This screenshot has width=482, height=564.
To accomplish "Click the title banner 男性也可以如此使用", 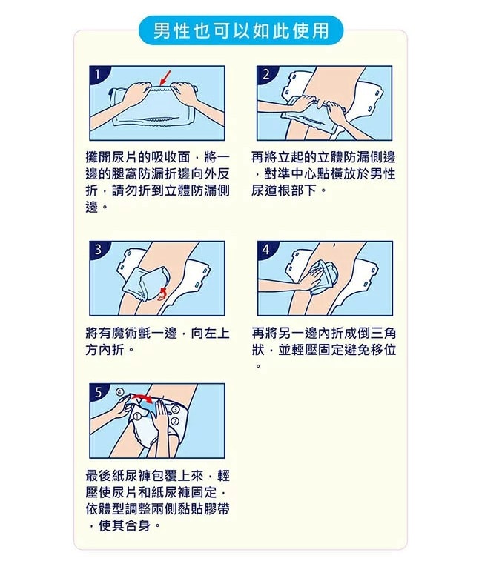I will click(x=240, y=31).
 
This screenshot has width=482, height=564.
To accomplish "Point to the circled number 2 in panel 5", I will click(x=175, y=421).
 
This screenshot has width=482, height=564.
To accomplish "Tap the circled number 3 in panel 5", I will click(x=175, y=410).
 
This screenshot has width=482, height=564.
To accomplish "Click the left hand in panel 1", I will click(x=133, y=94).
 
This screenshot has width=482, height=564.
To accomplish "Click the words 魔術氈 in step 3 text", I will click(x=132, y=333).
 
